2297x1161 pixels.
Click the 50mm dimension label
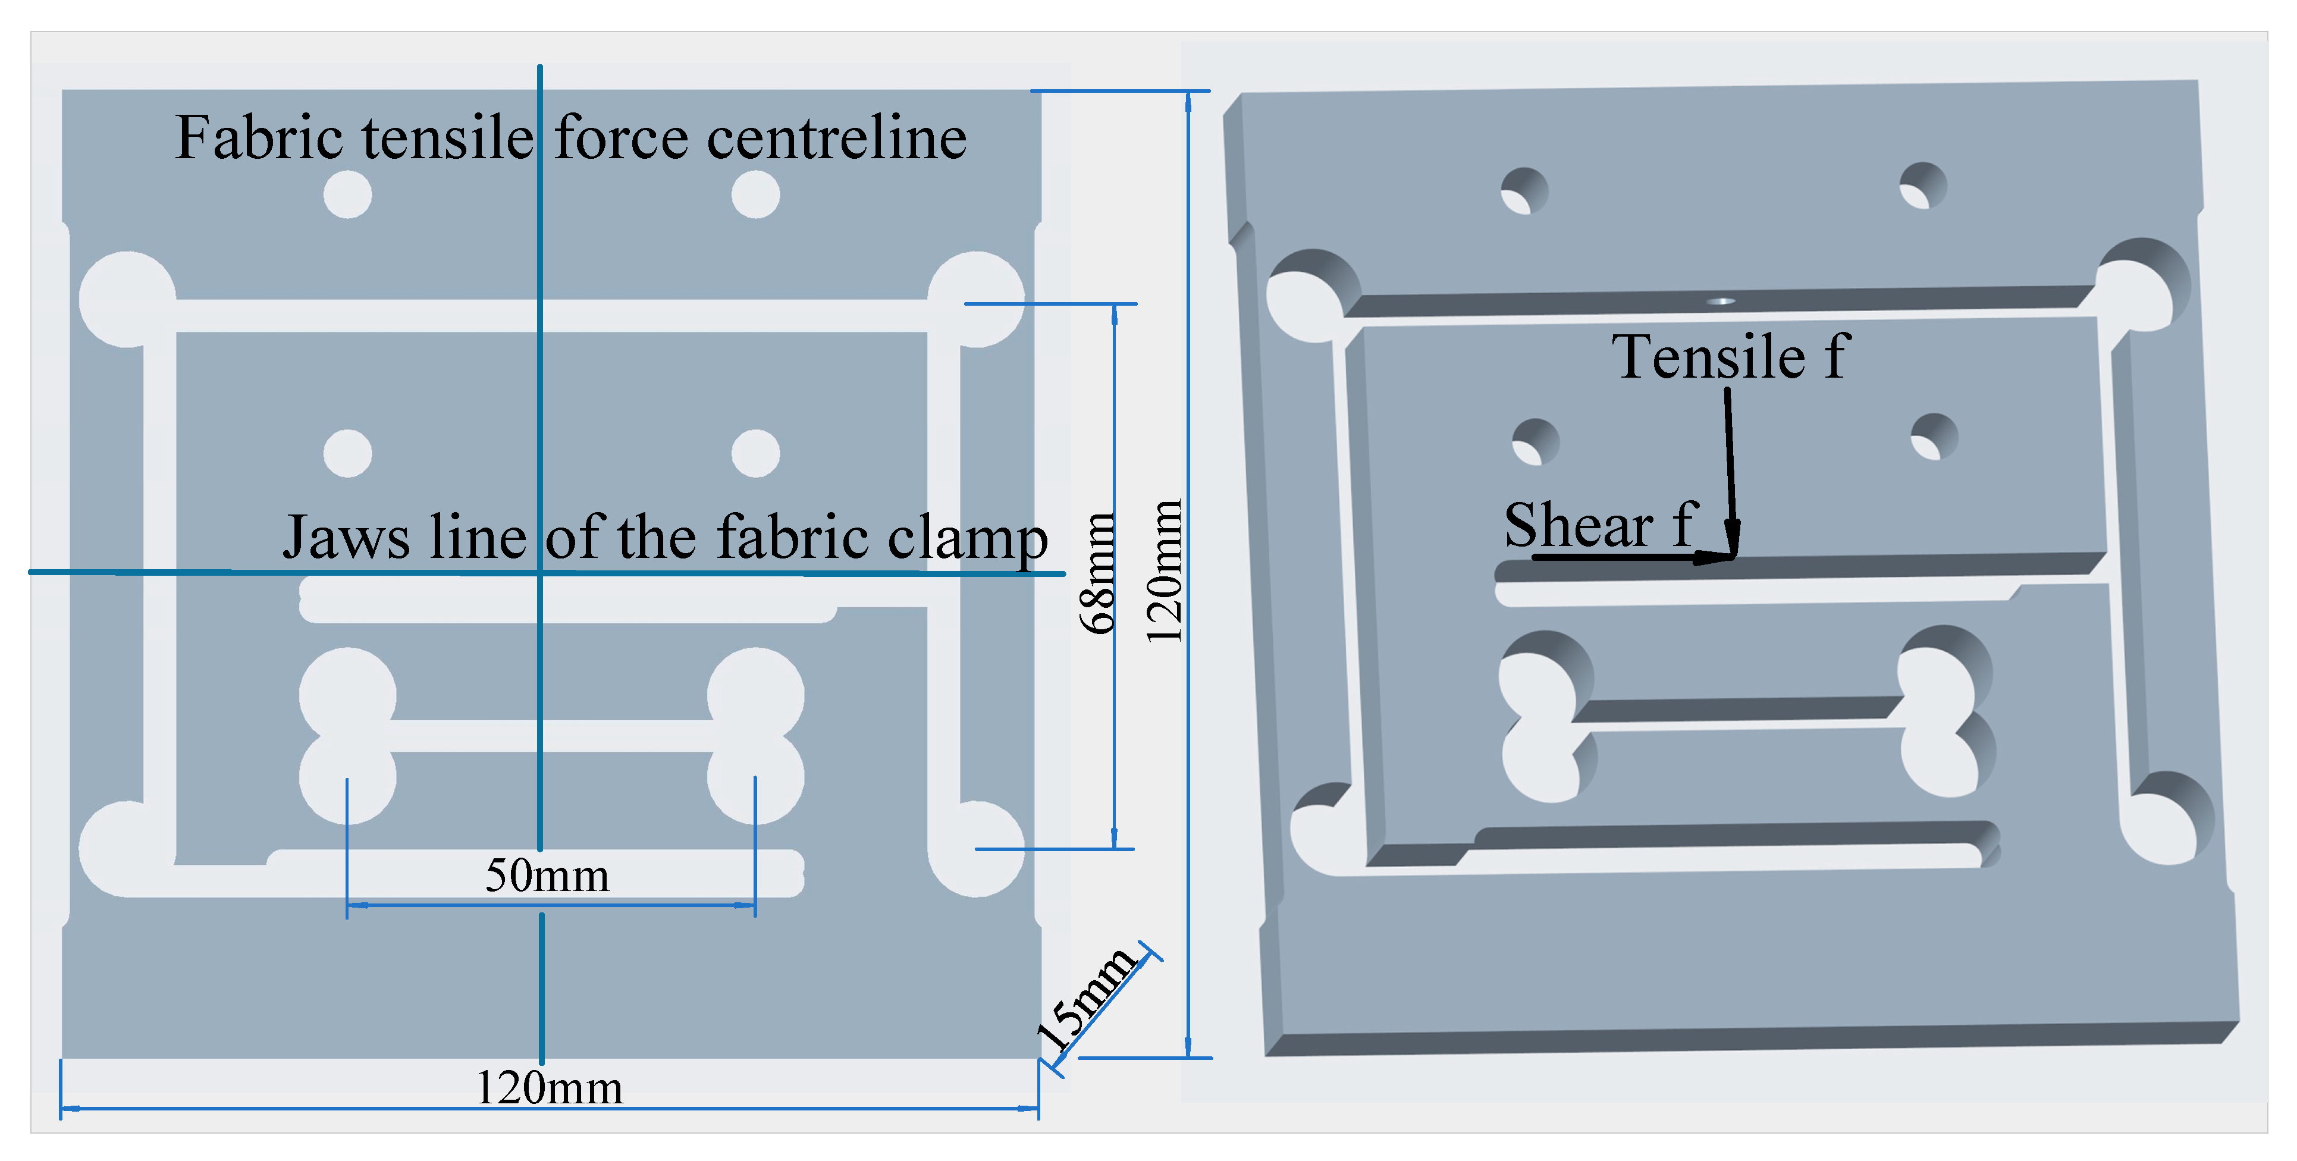[547, 875]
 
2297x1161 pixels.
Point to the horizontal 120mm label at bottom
[548, 1088]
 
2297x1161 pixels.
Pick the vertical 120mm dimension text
[1163, 571]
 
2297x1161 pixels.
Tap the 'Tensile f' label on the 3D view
[1729, 357]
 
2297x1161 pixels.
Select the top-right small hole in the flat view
[755, 194]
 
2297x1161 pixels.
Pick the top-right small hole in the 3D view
[1922, 186]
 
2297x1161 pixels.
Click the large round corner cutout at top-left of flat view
[127, 299]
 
